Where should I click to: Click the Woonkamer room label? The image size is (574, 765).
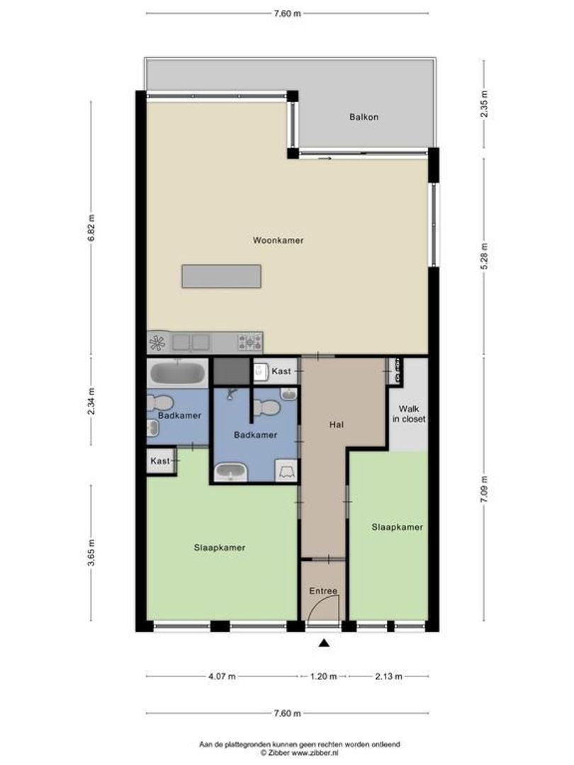click(278, 241)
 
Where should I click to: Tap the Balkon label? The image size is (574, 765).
click(364, 117)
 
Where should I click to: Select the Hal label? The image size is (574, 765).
click(337, 425)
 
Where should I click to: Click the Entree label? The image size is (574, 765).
click(322, 591)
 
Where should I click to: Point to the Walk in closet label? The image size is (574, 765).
click(409, 414)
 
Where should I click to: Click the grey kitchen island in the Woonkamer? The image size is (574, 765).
click(220, 276)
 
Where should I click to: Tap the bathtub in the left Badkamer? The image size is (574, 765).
click(177, 373)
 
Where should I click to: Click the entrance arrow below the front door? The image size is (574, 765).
click(324, 643)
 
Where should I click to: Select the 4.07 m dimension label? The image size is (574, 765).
click(223, 676)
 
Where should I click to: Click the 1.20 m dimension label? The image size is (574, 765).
click(323, 676)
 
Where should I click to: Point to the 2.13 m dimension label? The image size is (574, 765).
click(388, 676)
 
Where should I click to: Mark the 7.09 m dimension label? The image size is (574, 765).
click(484, 489)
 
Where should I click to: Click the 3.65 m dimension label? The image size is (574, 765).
click(91, 552)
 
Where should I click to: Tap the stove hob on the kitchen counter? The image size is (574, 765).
click(250, 343)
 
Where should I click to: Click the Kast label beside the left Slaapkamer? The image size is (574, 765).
click(160, 461)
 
